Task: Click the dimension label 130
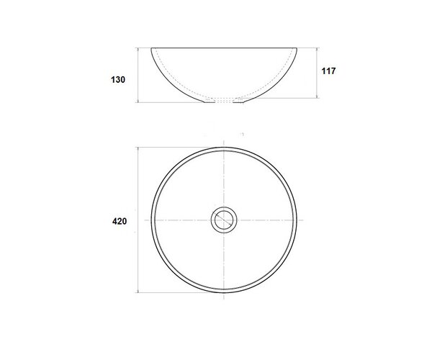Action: (118, 80)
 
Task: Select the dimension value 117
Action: (328, 71)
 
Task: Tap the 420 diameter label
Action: (120, 221)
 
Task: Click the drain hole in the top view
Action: (224, 220)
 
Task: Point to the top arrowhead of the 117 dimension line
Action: (317, 50)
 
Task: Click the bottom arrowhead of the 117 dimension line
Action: (317, 96)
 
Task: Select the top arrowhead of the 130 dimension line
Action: (138, 50)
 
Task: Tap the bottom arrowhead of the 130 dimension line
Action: (138, 101)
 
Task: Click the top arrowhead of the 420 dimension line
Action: (138, 149)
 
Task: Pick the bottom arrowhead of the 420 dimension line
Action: (138, 290)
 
